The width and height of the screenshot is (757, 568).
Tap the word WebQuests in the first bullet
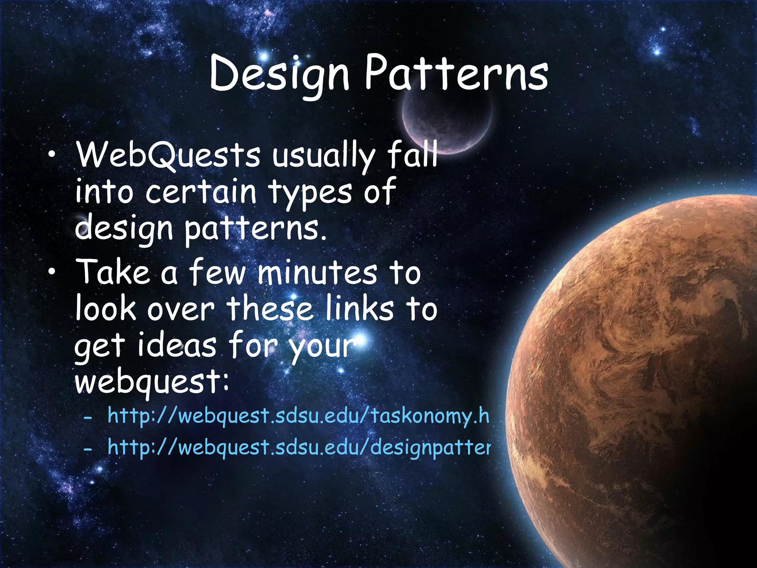point(168,155)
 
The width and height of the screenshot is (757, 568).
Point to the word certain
point(201,192)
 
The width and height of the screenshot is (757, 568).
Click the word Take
point(113,272)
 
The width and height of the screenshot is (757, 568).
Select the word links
point(360,309)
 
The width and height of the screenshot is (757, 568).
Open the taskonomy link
point(298,416)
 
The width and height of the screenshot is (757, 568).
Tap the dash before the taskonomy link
point(88,418)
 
